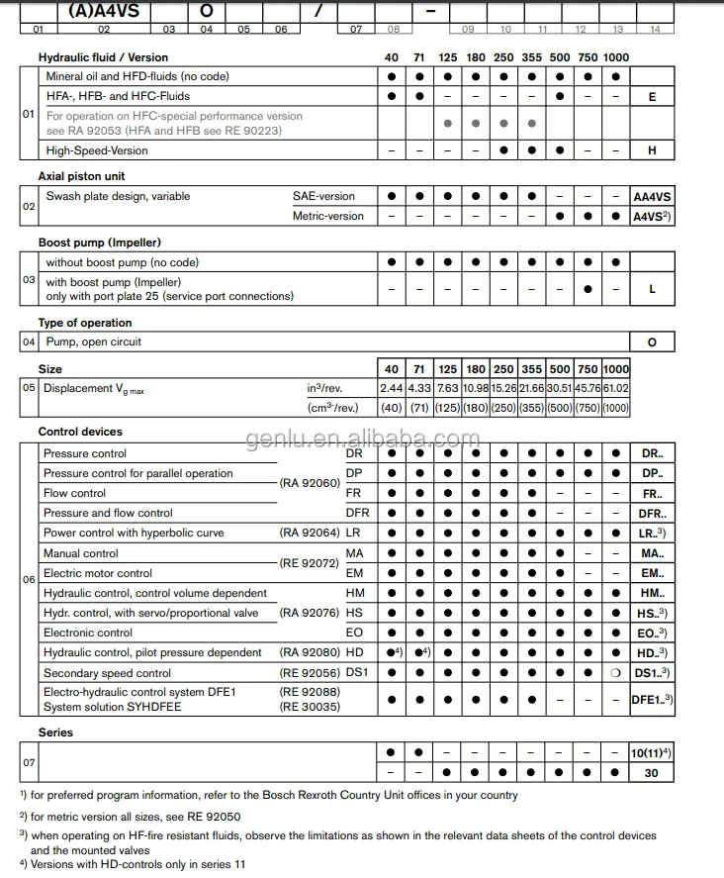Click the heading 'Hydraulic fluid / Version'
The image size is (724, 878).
(103, 57)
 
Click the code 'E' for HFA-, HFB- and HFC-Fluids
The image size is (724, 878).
(652, 97)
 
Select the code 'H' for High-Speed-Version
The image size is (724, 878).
(652, 151)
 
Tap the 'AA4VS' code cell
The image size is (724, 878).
(652, 197)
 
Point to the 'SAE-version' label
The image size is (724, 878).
(323, 196)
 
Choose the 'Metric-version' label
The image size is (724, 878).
(328, 216)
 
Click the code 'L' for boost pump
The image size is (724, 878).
(652, 289)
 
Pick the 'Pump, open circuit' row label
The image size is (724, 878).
(93, 342)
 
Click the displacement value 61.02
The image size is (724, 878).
(615, 389)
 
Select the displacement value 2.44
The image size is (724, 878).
(392, 389)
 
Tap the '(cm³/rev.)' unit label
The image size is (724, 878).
(333, 408)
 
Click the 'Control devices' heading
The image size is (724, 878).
(80, 433)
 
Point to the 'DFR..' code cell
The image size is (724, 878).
(652, 514)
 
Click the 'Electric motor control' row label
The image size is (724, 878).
(98, 573)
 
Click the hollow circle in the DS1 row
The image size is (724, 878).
(615, 673)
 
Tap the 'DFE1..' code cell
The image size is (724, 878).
(652, 699)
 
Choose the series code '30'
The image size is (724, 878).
(652, 773)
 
